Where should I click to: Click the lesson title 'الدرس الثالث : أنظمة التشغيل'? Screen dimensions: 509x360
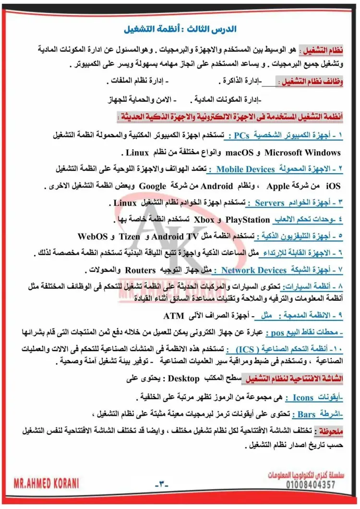pos(180,29)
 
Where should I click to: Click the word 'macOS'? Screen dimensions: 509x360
pos(239,153)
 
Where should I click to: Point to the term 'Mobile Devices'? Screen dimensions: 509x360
pos(245,169)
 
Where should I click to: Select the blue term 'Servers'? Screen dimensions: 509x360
pos(270,203)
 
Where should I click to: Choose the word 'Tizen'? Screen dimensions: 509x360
pos(129,237)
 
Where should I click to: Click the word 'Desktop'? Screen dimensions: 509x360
pos(183,379)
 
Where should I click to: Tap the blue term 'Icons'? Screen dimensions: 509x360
pos(303,398)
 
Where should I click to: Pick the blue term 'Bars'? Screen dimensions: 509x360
pos(306,414)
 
